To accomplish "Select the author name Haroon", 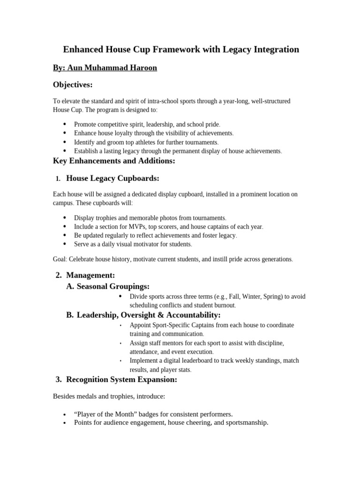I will tap(142, 68).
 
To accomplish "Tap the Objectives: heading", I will tap(73, 85).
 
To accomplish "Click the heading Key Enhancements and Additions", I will tap(114, 161).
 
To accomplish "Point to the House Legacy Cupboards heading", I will tap(113, 178).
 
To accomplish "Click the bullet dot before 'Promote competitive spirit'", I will tap(64, 124).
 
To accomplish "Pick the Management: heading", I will tap(90, 275).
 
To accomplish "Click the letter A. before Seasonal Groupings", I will tap(70, 286).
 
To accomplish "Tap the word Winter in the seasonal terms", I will tap(253, 297).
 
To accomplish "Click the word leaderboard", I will tap(203, 360).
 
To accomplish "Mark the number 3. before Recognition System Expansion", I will tap(59, 379).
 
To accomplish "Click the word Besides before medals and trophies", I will tap(64, 397).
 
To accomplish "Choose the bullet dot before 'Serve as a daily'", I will tap(64, 244).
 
